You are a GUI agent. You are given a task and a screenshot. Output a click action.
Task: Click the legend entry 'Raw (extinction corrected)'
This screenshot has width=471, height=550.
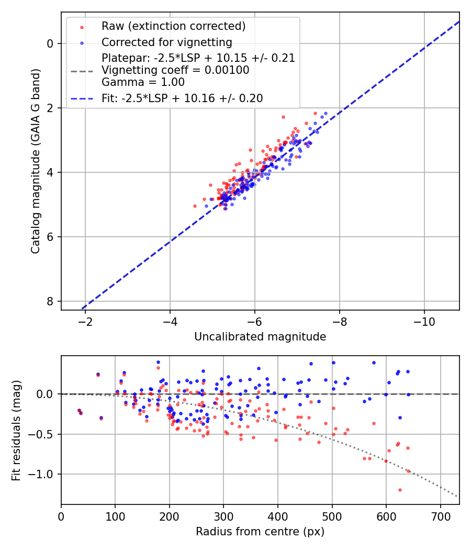pyautogui.click(x=173, y=26)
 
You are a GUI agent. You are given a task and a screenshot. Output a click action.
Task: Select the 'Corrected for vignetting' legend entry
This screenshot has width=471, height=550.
pyautogui.click(x=166, y=42)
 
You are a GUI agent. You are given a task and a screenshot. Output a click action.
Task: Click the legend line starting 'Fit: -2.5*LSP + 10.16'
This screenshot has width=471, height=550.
pyautogui.click(x=182, y=98)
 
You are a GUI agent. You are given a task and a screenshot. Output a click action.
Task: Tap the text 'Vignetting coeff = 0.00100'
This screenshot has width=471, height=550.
pyautogui.click(x=175, y=70)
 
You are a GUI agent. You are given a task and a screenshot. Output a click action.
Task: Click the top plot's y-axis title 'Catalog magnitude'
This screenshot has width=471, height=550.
pyautogui.click(x=36, y=160)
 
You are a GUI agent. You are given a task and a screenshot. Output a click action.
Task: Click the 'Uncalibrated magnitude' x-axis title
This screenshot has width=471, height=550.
pyautogui.click(x=260, y=337)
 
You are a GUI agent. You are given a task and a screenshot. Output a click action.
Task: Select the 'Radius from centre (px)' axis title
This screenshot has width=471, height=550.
pyautogui.click(x=260, y=532)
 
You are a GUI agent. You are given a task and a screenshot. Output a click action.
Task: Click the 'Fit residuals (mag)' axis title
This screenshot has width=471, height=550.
pyautogui.click(x=16, y=430)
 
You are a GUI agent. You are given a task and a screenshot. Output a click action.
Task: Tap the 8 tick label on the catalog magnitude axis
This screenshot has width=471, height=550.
pyautogui.click(x=50, y=301)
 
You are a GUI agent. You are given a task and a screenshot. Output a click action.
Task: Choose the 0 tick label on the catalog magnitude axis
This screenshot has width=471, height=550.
pyautogui.click(x=50, y=43)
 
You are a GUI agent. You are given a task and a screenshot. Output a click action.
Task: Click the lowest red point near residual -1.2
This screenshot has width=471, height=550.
pyautogui.click(x=400, y=490)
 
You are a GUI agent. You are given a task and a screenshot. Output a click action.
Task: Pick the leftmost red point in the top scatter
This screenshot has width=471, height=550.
pyautogui.click(x=195, y=206)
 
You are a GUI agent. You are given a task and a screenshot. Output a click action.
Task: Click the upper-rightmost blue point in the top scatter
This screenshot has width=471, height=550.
pyautogui.click(x=326, y=114)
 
